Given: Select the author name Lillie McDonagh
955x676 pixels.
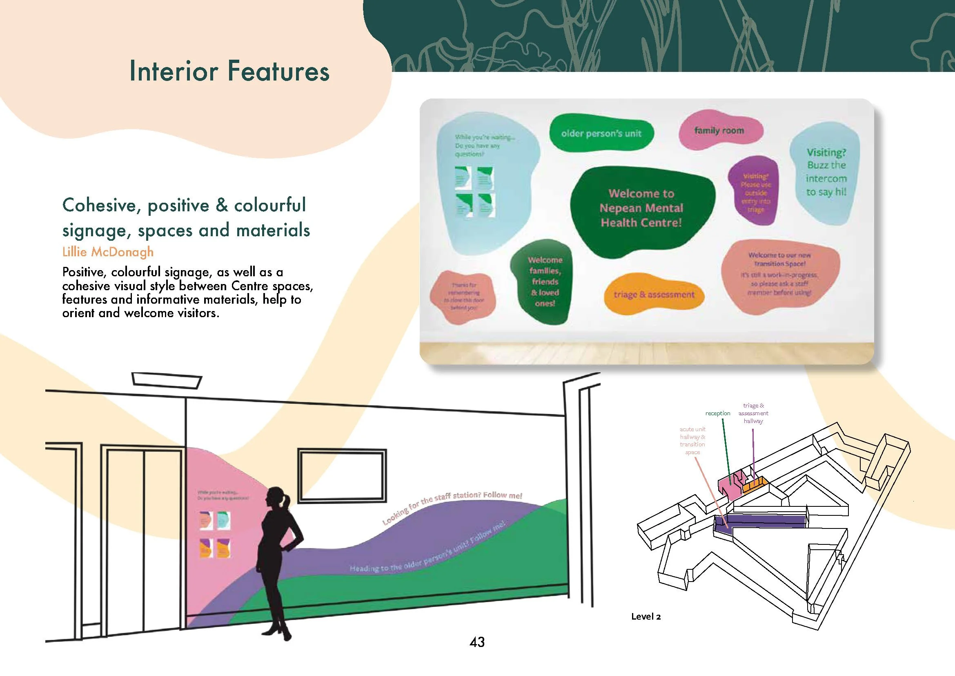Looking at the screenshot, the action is click(108, 252).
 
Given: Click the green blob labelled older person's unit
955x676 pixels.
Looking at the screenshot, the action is click(601, 133).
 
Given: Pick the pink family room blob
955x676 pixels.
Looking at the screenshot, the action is click(719, 130).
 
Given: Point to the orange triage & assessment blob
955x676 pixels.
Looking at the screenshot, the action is click(654, 295).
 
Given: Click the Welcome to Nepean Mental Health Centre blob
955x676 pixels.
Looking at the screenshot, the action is click(641, 208).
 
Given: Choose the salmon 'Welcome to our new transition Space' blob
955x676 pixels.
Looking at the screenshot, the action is click(779, 275).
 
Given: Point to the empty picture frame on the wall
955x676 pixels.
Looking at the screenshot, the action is click(342, 475).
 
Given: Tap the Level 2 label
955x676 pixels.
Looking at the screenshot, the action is click(646, 616).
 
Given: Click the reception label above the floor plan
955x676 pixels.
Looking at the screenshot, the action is click(717, 413).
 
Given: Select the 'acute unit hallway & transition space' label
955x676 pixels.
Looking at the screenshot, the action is click(692, 441).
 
